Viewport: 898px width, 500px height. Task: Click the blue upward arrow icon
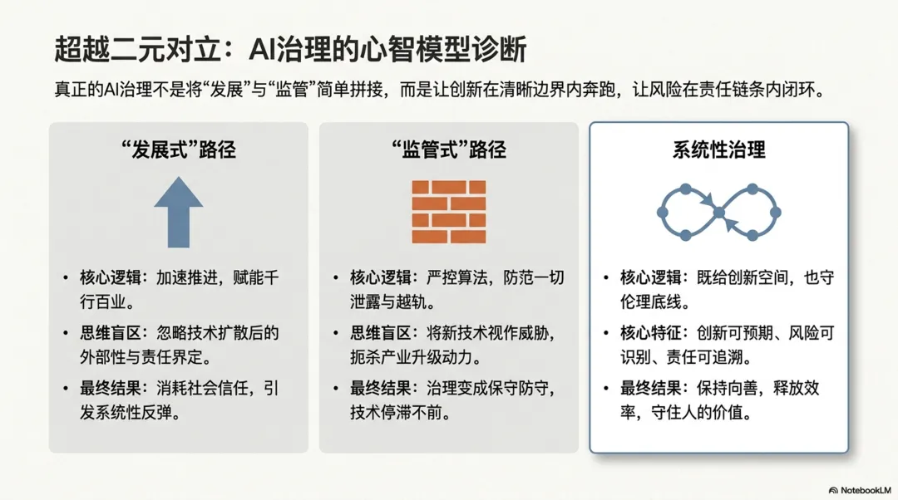pos(178,213)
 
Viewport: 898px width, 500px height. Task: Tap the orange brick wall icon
pos(449,212)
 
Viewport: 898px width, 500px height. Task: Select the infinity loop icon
pos(718,213)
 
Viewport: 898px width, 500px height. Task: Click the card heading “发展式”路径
pos(179,150)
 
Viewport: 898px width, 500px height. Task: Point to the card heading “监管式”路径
pos(449,150)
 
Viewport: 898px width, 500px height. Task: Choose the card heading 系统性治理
pos(718,150)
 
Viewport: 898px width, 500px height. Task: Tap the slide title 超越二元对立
pos(138,49)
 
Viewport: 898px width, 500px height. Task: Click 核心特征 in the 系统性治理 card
pos(650,333)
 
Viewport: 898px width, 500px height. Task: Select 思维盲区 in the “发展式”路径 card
pos(111,333)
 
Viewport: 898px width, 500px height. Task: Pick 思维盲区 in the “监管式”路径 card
pos(381,333)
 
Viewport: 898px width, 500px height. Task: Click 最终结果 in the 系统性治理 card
pos(650,389)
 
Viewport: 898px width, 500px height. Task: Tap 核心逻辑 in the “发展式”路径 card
pos(111,278)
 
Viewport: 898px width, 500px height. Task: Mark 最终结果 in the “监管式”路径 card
pos(381,389)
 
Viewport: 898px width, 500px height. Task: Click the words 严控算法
pos(457,278)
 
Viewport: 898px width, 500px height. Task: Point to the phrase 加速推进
pos(187,278)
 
